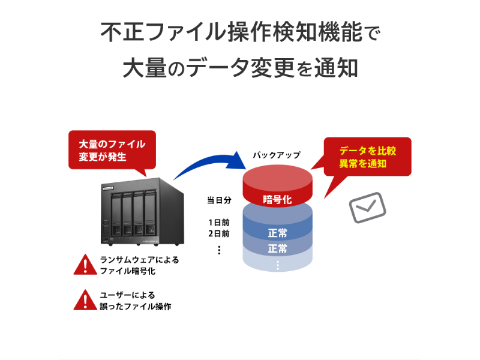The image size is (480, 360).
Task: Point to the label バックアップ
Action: tap(277, 155)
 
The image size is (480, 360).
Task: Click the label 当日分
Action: tap(220, 200)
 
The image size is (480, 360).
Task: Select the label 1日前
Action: tap(219, 222)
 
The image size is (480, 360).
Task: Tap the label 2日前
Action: tap(219, 233)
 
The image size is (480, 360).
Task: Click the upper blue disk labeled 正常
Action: tap(277, 232)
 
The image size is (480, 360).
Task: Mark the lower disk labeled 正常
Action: tap(277, 248)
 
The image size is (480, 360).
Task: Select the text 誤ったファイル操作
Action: tap(136, 306)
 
